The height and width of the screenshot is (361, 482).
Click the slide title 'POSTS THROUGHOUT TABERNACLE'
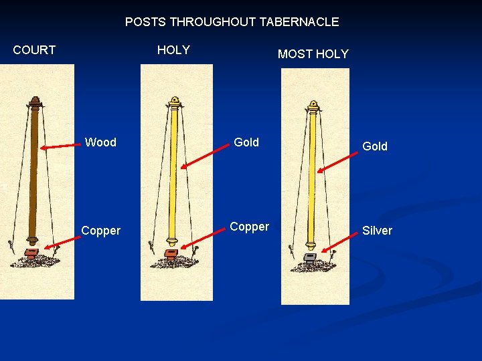point(232,22)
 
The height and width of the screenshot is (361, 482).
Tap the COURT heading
point(34,50)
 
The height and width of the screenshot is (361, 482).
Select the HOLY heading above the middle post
point(173,50)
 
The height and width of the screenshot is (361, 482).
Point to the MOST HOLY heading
point(313,54)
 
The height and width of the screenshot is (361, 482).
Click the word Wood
point(100,142)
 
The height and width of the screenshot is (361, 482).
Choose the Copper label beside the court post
point(100,231)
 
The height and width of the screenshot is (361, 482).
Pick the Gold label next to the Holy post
point(246,142)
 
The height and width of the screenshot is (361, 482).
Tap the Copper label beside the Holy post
point(249,227)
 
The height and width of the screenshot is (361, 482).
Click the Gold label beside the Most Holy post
point(374,146)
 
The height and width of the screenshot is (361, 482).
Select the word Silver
point(377,231)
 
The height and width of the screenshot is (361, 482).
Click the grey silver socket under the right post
point(310,257)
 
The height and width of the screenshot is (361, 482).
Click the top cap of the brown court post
point(35,102)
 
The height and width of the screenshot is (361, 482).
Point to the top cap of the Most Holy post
point(313,106)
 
